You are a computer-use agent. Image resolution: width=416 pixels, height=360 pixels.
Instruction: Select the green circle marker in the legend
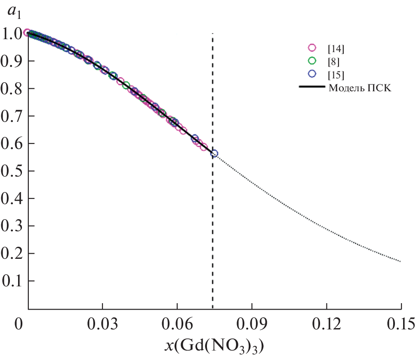312,61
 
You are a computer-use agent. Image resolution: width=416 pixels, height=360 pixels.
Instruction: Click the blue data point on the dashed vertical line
214,153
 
